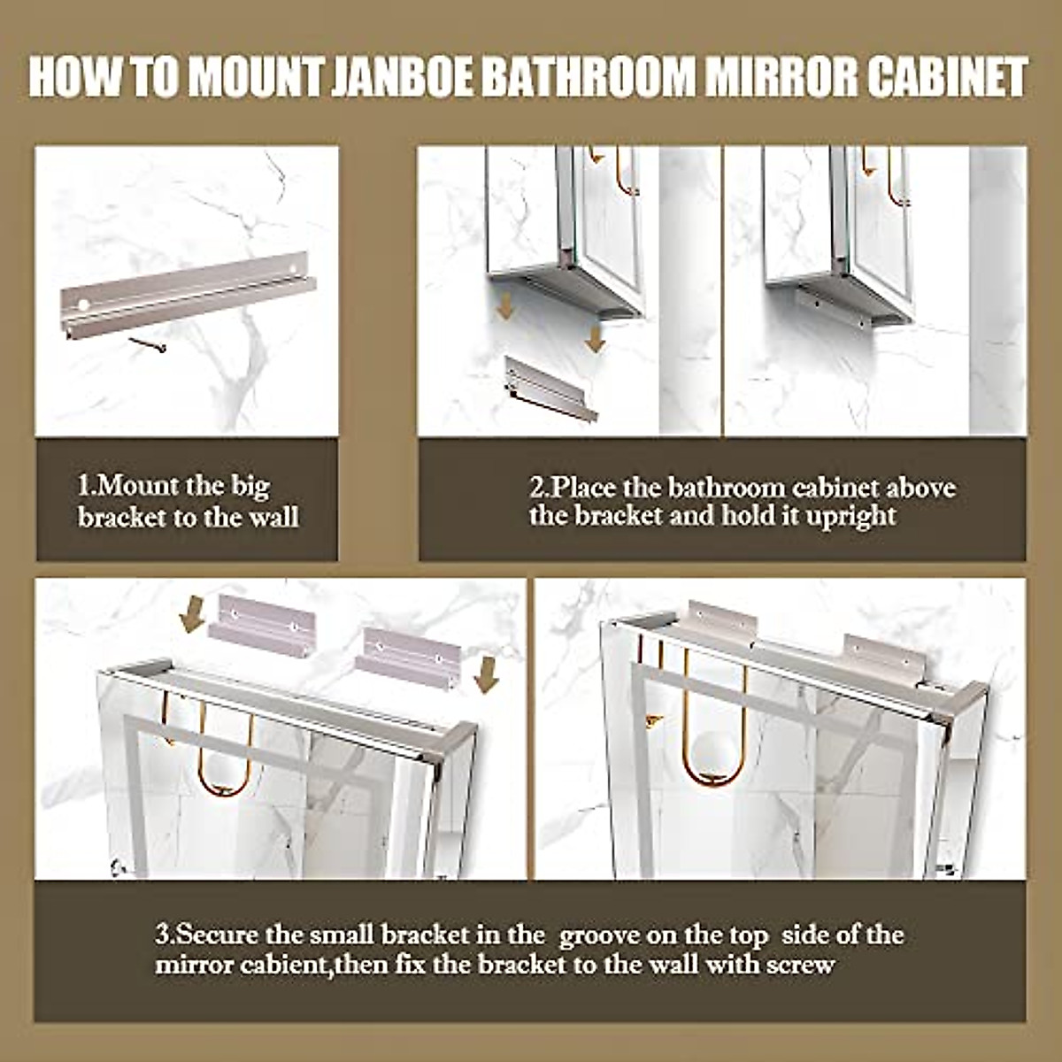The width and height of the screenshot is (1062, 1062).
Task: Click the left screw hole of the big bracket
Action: click(x=83, y=304)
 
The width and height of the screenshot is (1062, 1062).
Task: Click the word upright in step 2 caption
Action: click(x=851, y=516)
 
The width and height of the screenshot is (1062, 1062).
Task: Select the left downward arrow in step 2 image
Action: click(x=505, y=304)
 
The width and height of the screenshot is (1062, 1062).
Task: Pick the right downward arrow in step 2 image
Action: click(x=595, y=336)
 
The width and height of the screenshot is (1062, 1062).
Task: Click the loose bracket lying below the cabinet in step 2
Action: click(x=550, y=386)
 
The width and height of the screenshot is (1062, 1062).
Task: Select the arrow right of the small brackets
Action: click(x=486, y=675)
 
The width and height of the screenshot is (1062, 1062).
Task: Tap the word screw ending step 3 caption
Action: click(x=800, y=964)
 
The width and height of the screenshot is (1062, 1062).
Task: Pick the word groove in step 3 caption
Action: click(x=599, y=935)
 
